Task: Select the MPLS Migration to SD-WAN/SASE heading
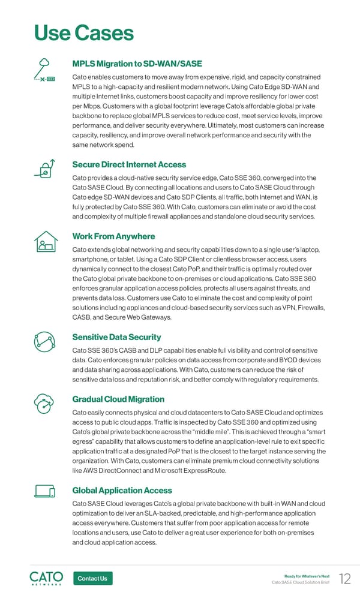[x=137, y=64]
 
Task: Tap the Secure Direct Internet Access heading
[x=129, y=164]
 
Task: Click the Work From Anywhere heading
[x=113, y=236]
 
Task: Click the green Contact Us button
[x=92, y=578]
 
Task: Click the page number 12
[x=345, y=578]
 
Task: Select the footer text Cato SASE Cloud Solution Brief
[x=301, y=582]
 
